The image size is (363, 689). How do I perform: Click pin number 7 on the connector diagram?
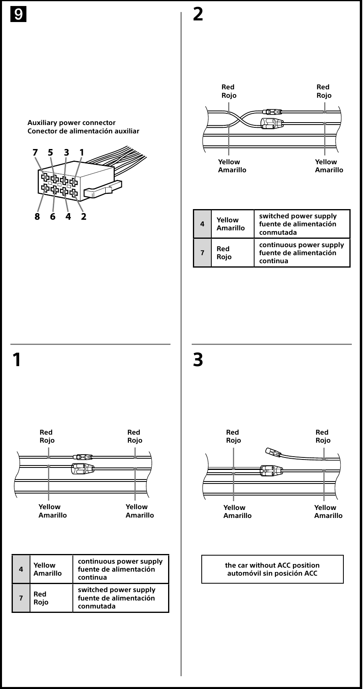[x=35, y=153]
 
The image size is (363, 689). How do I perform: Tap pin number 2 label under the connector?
[x=84, y=217]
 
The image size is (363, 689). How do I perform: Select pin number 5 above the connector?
[x=50, y=153]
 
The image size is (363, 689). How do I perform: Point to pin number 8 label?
[x=37, y=217]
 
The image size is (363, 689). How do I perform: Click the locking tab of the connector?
[x=102, y=190]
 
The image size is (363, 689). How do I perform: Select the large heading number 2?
[x=198, y=14]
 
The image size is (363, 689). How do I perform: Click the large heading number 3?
[x=198, y=360]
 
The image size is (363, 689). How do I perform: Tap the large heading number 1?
[x=16, y=360]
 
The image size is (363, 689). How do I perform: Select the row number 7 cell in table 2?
[x=203, y=253]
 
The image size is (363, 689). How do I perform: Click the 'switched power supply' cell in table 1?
[x=120, y=598]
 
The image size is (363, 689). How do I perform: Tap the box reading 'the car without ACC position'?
[x=272, y=569]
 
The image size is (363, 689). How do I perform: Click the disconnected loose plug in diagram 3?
[x=273, y=453]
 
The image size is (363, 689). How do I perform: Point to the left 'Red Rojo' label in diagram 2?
[x=229, y=91]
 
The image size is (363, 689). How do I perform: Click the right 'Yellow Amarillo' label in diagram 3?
[x=328, y=512]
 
